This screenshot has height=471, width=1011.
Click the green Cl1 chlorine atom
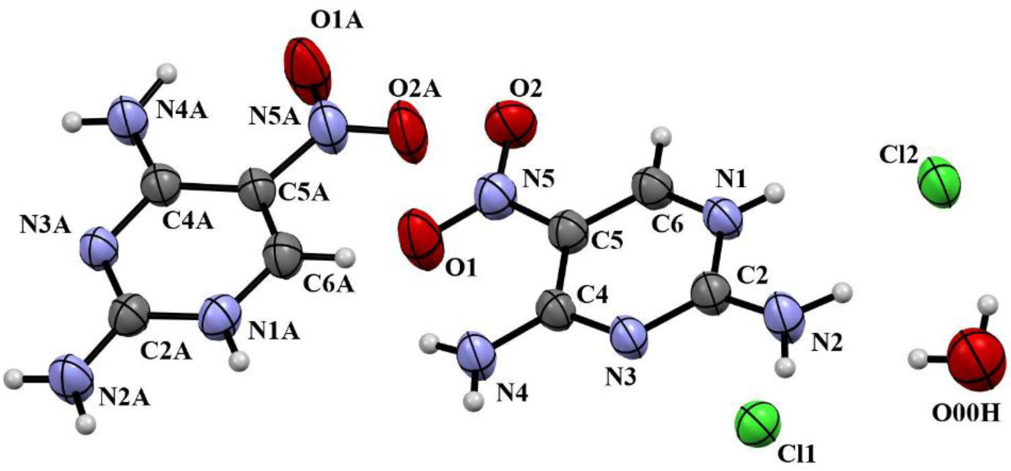point(758,424)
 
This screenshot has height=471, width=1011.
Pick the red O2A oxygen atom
point(408,131)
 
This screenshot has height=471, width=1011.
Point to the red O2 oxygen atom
point(511,125)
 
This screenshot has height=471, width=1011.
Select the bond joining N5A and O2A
point(368,129)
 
